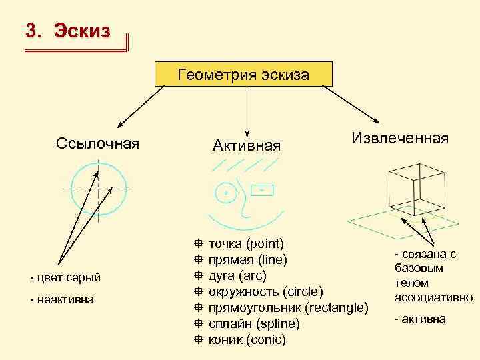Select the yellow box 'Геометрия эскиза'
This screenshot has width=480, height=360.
[x=243, y=74]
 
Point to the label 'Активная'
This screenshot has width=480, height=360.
[x=247, y=145]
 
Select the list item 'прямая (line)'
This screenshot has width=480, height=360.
[x=248, y=259]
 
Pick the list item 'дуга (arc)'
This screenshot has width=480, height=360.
[x=237, y=275]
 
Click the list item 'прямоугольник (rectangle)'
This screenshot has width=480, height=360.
[x=288, y=307]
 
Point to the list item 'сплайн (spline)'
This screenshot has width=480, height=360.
[x=254, y=323]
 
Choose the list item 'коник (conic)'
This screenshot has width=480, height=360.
[x=247, y=339]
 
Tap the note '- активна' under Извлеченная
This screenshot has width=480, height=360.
[x=419, y=319]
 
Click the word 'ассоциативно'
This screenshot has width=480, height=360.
[x=433, y=297]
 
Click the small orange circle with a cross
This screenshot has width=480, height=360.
[x=226, y=193]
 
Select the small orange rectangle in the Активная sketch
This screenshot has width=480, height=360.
[x=263, y=191]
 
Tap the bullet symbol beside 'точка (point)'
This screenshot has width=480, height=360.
[x=198, y=243]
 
